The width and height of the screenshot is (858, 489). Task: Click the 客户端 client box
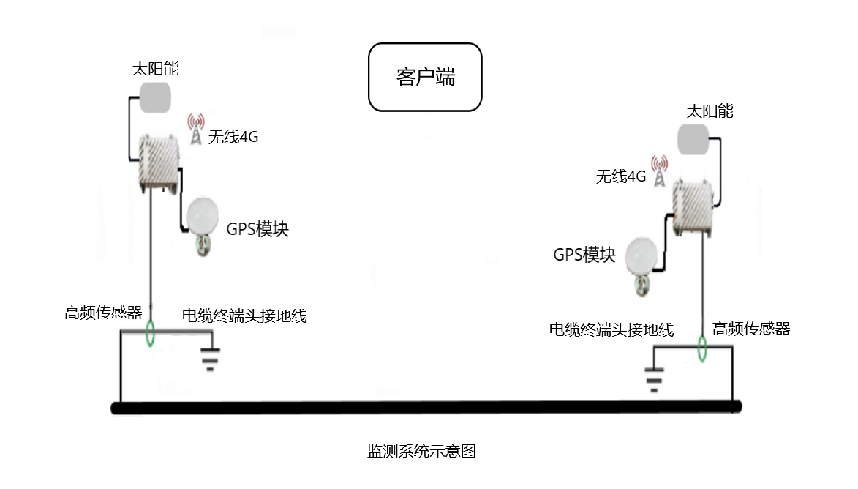tap(425, 77)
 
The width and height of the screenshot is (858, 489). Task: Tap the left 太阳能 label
tap(155, 70)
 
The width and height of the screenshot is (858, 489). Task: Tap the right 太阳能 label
tap(709, 111)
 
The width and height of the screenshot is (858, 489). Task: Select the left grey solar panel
tap(155, 97)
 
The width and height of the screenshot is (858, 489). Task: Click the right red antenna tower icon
tap(659, 171)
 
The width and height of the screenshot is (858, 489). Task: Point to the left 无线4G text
tap(233, 136)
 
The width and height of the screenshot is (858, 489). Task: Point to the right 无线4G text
tap(621, 176)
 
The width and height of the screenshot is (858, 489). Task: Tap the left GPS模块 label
tap(257, 229)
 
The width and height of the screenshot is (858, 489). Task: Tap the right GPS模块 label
tap(584, 255)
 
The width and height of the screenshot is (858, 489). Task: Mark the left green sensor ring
tap(151, 333)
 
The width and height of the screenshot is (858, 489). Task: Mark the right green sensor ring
tap(702, 348)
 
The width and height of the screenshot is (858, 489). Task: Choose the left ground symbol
tap(210, 359)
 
